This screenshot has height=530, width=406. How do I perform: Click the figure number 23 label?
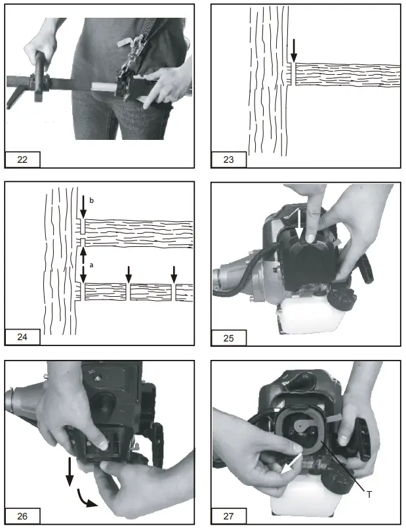[x=228, y=159]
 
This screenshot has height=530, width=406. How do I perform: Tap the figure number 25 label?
[x=228, y=338]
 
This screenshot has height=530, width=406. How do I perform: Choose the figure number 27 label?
[x=228, y=516]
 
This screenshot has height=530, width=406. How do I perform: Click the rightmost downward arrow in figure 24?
[x=174, y=273]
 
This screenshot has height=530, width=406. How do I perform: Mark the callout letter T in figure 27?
[x=369, y=493]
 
